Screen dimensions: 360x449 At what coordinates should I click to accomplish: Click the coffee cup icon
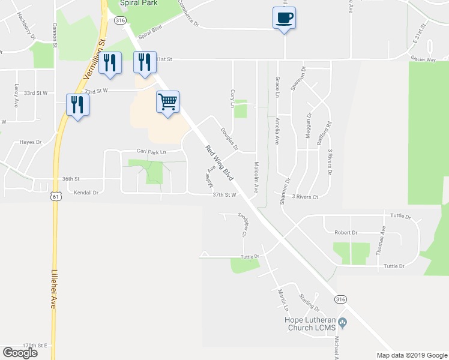tap(285, 18)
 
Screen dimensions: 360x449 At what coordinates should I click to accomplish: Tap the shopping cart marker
tap(168, 101)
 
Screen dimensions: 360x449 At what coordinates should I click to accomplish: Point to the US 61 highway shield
tap(56, 196)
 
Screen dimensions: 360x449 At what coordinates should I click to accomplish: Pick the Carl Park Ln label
tap(151, 152)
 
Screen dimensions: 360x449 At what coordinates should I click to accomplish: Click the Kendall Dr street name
tap(86, 193)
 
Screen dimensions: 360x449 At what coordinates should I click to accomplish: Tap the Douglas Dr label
tap(229, 139)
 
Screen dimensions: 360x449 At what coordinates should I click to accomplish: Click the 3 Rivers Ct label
tap(305, 196)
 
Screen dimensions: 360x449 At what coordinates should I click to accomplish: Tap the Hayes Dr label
tap(29, 143)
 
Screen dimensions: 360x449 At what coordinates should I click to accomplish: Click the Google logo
tap(20, 352)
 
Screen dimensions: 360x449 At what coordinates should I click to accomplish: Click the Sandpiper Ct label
tap(243, 225)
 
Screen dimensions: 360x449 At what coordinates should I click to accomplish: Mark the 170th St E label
tap(35, 346)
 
